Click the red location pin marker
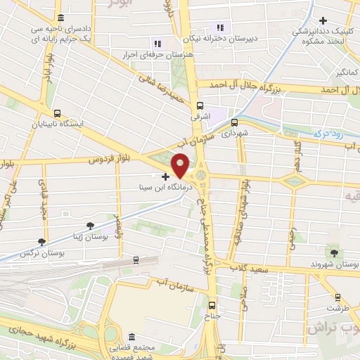tap(181, 165)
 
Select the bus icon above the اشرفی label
tap(200, 105)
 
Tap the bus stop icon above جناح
tap(212, 304)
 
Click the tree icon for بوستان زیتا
tap(89, 225)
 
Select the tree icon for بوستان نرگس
tap(43, 241)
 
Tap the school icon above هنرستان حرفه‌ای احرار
tap(157, 44)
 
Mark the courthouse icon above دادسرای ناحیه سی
tap(61, 18)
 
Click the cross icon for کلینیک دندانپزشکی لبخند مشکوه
tap(323, 20)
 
